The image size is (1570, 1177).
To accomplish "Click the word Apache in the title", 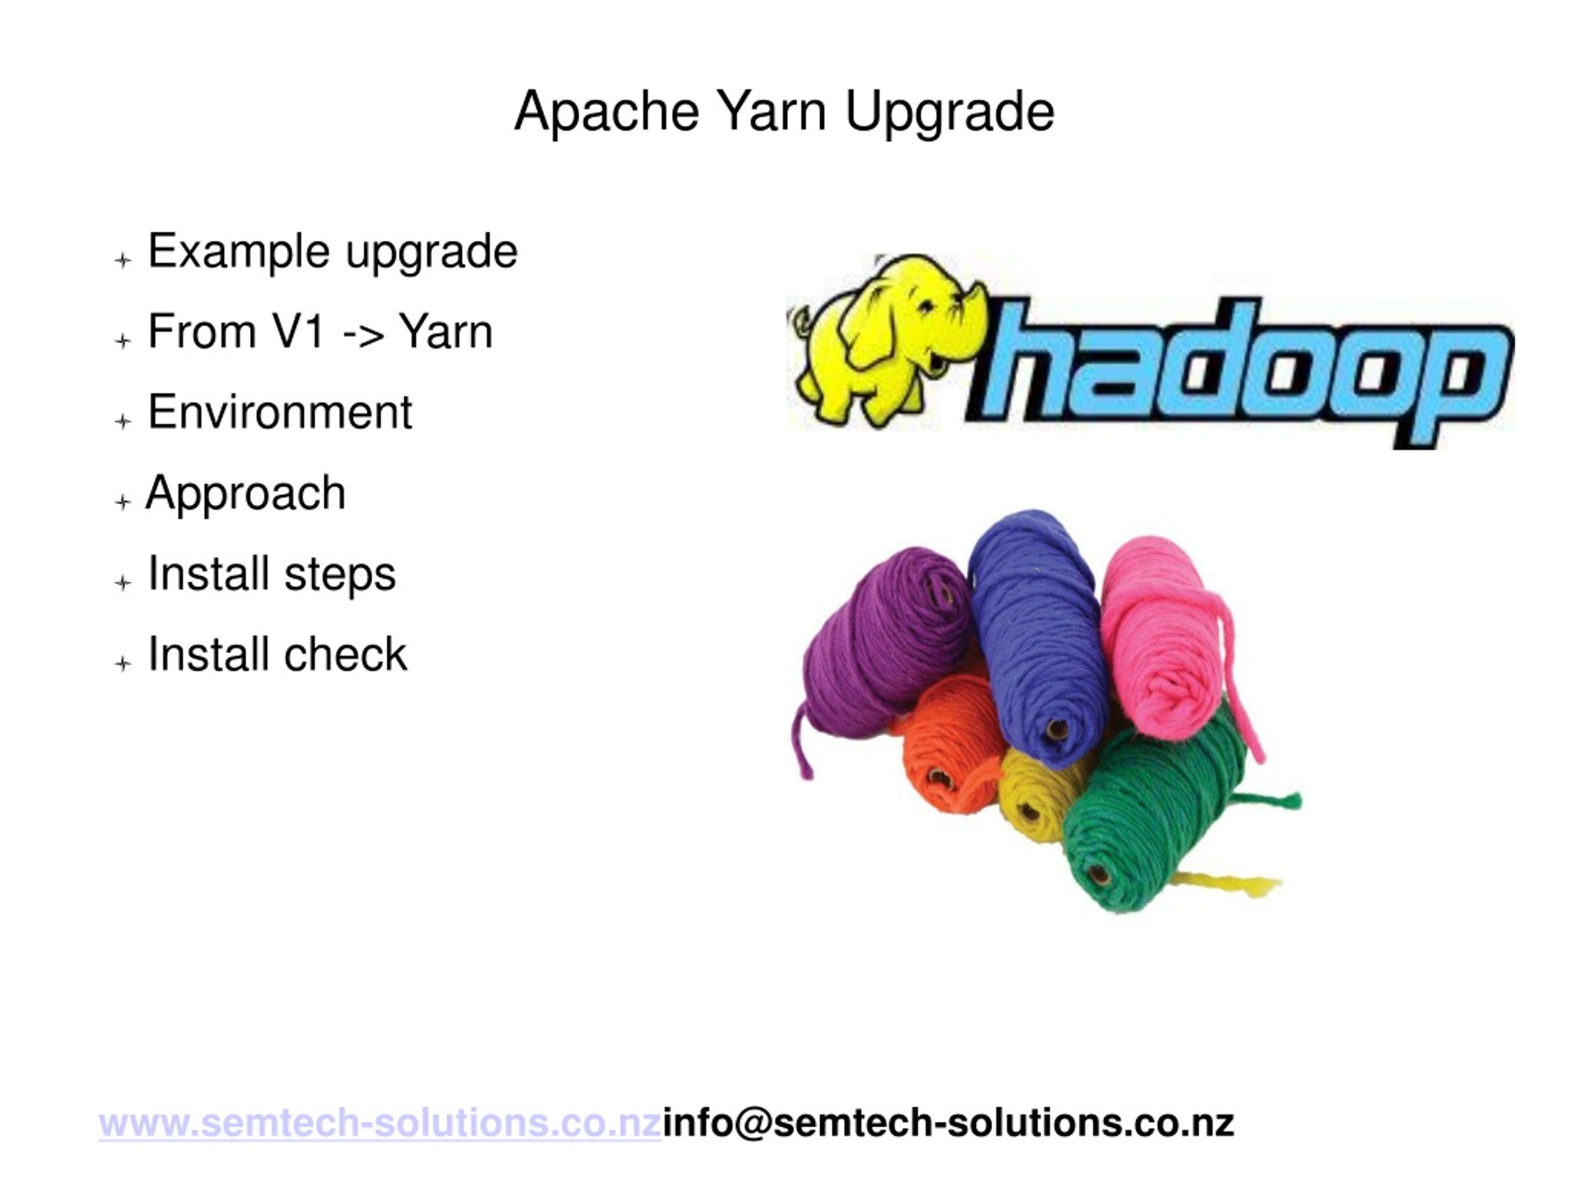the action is pos(607,112).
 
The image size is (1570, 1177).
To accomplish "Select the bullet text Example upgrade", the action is pos(332,252).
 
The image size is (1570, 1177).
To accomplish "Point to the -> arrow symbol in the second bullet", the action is pos(364,334).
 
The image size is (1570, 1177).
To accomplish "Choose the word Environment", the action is pos(280,412).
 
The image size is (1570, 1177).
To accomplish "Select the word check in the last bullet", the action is pos(347,654).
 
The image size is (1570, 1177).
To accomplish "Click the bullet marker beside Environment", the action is pos(123,421).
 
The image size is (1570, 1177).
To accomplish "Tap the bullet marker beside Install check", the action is pos(123,663).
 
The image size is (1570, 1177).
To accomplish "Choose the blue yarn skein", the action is pos(1036,639).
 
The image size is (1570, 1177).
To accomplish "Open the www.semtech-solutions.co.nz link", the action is pos(380,1124).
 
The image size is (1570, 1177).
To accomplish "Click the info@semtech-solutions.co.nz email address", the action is pos(948,1124).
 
